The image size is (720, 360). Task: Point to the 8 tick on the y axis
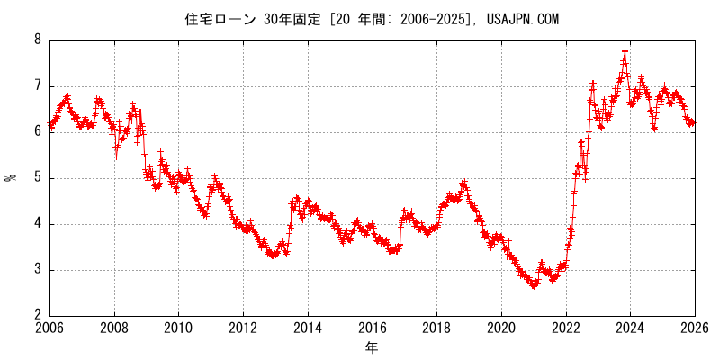(x=38, y=40)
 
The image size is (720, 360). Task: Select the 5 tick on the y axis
(x=38, y=178)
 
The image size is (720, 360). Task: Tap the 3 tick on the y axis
(x=38, y=270)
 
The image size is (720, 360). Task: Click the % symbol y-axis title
(x=11, y=177)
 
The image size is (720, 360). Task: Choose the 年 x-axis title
(x=372, y=346)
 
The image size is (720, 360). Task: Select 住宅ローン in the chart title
(x=220, y=19)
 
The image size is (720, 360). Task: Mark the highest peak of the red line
(x=625, y=51)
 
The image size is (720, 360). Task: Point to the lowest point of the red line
(x=534, y=286)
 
